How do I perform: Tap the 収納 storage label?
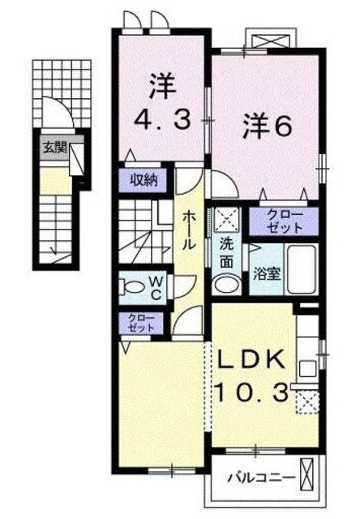[144, 181]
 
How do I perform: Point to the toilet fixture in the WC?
[131, 286]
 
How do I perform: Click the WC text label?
[156, 287]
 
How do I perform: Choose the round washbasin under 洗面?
[227, 285]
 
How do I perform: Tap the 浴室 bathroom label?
[267, 273]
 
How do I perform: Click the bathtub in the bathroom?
[301, 269]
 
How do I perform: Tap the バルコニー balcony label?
[261, 478]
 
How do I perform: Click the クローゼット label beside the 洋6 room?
[285, 221]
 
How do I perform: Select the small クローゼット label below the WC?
[141, 323]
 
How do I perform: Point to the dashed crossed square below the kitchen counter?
[307, 401]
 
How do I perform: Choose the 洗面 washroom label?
[227, 253]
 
